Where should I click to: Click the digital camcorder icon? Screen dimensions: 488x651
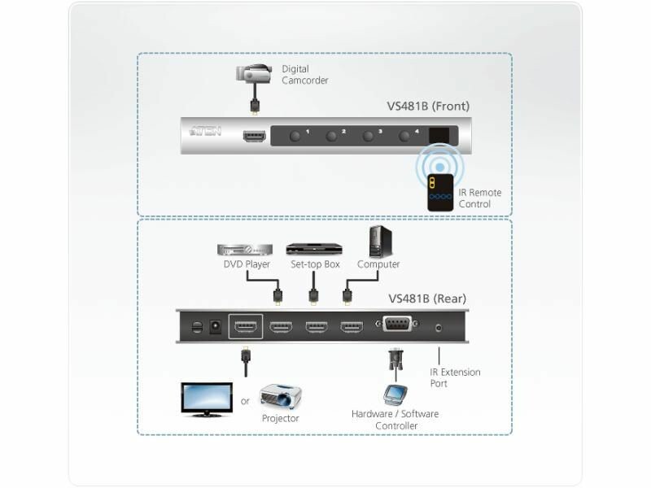tap(254, 76)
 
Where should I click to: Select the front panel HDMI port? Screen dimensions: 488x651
tap(254, 136)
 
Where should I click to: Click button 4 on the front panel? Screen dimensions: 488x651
tap(404, 136)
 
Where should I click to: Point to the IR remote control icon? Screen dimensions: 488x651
tap(441, 192)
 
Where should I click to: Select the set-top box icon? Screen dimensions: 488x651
tap(312, 249)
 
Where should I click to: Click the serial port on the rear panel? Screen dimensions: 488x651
tap(396, 328)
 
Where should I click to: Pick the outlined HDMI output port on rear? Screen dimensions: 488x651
tap(245, 329)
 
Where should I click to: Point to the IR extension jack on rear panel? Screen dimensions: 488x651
tap(439, 328)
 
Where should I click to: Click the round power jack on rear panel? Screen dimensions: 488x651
tap(216, 328)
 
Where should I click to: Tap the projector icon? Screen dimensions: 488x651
tap(281, 396)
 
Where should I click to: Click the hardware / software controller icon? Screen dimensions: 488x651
tap(395, 395)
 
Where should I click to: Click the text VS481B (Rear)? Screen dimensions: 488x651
tap(428, 298)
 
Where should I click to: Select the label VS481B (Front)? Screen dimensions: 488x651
tap(428, 106)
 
